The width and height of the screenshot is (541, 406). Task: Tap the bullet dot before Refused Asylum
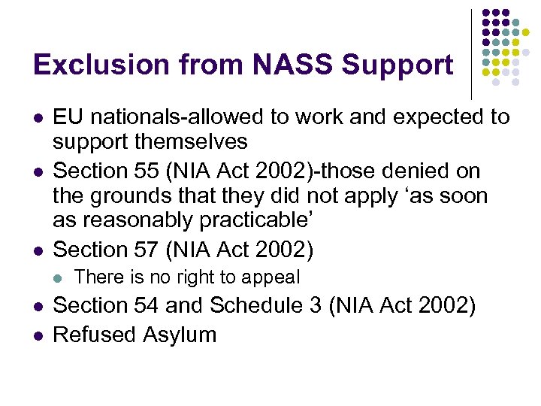tap(38, 335)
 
